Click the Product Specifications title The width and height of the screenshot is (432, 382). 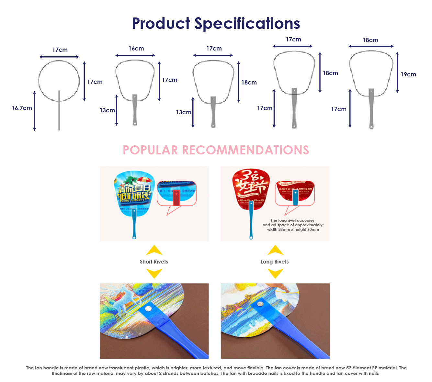pos(216,24)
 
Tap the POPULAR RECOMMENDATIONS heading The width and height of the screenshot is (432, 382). pos(216,150)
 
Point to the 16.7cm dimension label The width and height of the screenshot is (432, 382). pos(22,108)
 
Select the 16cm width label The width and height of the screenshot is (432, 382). pos(136,49)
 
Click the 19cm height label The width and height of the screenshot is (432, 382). pos(408,74)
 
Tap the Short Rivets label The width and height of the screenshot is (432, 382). pos(154,262)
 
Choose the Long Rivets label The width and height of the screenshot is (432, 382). pos(274,262)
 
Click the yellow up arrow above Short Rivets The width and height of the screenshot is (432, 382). pos(154,250)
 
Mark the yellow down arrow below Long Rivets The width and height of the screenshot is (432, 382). pos(276,274)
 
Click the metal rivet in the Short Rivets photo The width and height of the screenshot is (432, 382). pos(149,309)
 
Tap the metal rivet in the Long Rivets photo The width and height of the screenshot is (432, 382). pos(260,304)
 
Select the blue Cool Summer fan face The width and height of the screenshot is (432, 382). pos(134,191)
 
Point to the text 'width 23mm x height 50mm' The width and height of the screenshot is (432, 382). pos(293,230)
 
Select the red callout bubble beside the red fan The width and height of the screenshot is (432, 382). pos(295,193)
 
